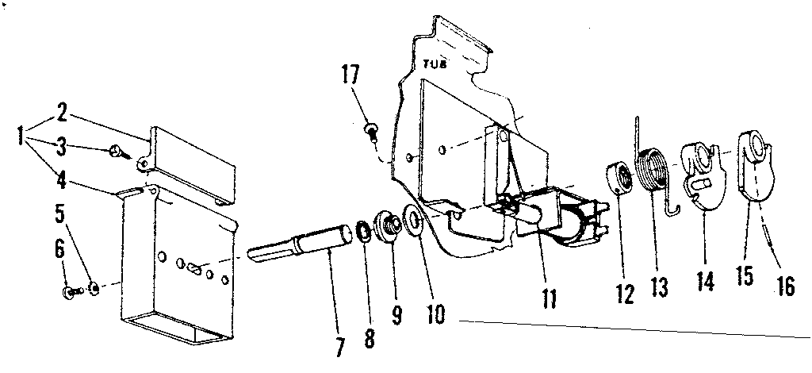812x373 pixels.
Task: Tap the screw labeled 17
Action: point(371,129)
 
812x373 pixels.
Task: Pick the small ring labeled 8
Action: point(363,230)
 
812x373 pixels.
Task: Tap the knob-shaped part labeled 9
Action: point(389,226)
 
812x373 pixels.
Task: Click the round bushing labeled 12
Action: point(618,179)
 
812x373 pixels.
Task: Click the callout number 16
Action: point(785,285)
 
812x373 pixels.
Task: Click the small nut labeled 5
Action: point(94,287)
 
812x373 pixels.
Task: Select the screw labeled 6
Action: point(72,292)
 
